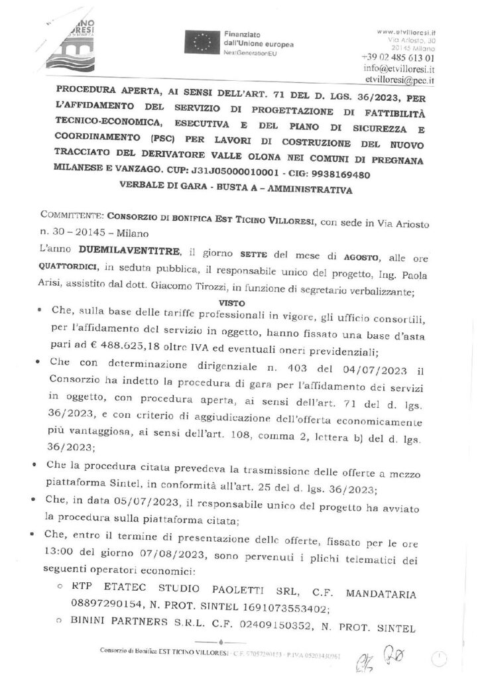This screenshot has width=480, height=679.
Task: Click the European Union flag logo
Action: click(x=202, y=43)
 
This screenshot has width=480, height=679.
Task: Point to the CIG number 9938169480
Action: click(x=337, y=174)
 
